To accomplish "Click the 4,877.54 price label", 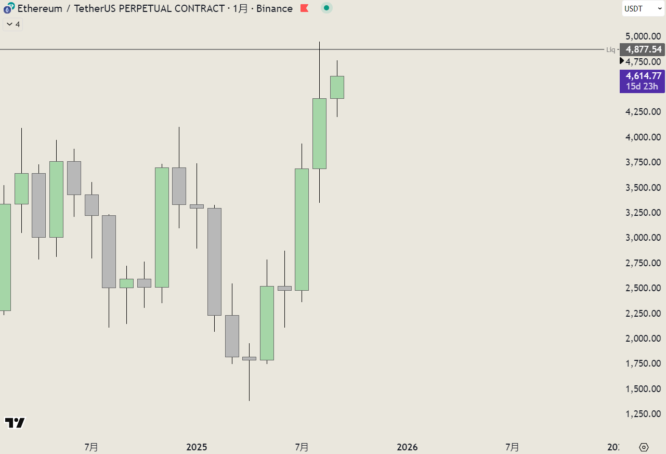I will pos(643,49).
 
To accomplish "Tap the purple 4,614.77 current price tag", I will pos(643,76).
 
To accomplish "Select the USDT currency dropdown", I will pos(643,8).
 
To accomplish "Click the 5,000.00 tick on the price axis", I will pos(643,36).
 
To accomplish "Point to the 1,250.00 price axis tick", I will pos(643,414).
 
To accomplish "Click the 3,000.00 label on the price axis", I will pos(643,238).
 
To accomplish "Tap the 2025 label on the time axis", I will pos(197,447).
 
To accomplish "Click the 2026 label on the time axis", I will pos(407,447).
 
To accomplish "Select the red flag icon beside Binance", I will pos(305,8).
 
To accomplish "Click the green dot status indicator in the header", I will pos(327,8).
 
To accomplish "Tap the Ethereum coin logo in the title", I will pos(9,8).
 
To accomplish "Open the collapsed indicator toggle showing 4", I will pos(13,24).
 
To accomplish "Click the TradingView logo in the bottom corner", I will pos(15,423).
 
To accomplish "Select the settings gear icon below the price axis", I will pos(644,447).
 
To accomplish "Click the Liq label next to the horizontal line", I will pos(611,50).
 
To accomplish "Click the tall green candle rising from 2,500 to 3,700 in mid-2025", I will pos(302,229).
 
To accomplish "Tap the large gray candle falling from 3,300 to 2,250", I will pos(214,262).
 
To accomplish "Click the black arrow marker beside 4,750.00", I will pos(622,61).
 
